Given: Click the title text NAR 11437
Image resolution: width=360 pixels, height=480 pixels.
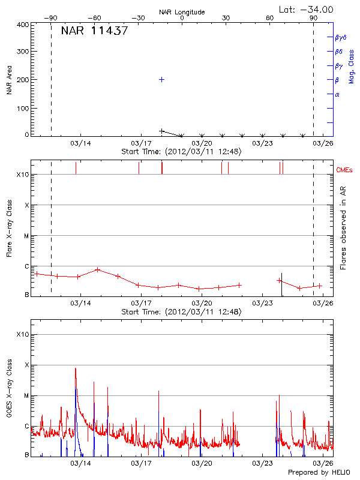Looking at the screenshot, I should [94, 31].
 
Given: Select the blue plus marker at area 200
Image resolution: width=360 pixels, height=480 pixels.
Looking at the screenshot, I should [161, 79].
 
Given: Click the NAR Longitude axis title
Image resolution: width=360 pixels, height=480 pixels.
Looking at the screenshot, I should [182, 11].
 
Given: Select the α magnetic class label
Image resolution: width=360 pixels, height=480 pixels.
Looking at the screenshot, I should [337, 94].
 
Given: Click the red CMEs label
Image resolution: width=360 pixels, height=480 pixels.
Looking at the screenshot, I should [344, 171].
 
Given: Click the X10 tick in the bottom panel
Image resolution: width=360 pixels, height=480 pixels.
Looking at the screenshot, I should [23, 334].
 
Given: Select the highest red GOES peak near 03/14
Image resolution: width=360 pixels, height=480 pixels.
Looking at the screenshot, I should [76, 368].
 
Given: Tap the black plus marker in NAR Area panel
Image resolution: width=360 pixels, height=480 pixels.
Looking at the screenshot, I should [161, 131].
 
